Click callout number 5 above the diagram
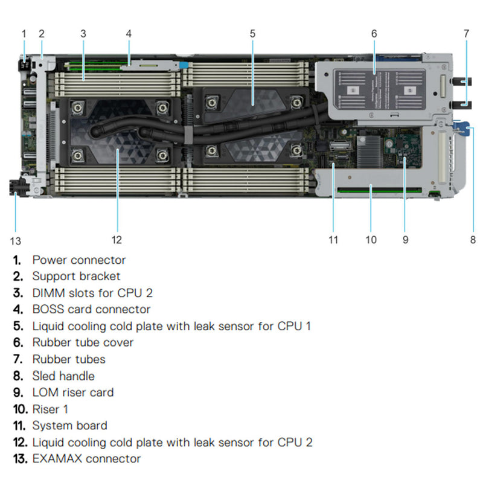click(x=252, y=34)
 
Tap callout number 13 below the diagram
click(x=16, y=241)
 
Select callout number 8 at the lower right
click(x=473, y=240)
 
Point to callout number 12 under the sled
click(x=117, y=240)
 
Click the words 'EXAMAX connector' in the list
click(x=86, y=458)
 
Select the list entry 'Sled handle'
click(x=63, y=376)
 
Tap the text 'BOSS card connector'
click(x=91, y=309)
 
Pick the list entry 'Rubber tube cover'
click(x=83, y=342)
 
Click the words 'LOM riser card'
click(x=73, y=392)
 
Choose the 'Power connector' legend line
click(x=79, y=260)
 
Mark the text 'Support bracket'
click(x=76, y=276)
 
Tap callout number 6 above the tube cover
click(x=374, y=34)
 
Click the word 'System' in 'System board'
click(x=51, y=425)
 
